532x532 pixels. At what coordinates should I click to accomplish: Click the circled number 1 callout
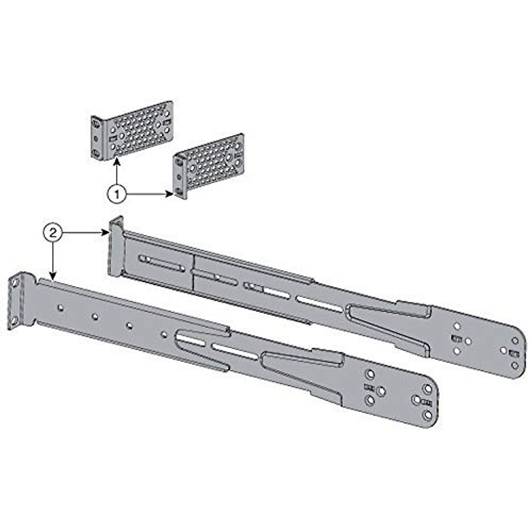(117, 194)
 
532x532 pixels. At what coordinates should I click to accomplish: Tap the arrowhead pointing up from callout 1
(117, 163)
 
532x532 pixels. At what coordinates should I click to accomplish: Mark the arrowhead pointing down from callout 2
(53, 277)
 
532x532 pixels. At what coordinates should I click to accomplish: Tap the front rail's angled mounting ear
(14, 301)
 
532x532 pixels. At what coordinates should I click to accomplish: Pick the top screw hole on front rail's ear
(15, 282)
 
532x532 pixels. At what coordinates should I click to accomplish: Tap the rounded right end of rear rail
(516, 352)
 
